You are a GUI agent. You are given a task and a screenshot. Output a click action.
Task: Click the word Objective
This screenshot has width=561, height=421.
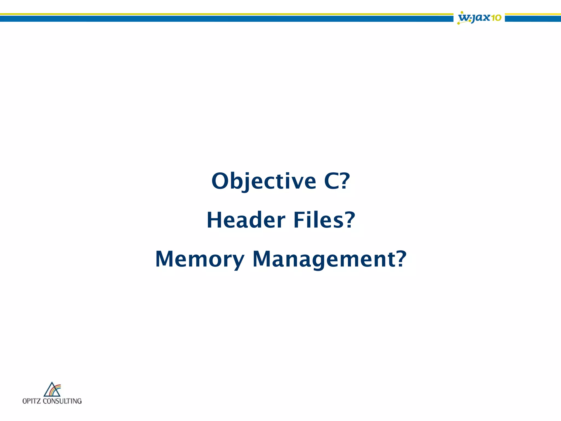(264, 181)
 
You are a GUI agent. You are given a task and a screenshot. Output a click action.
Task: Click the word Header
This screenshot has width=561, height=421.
(246, 220)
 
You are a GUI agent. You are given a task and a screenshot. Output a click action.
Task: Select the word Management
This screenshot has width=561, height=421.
(324, 259)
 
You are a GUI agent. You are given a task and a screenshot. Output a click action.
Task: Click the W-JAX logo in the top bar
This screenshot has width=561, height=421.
(479, 18)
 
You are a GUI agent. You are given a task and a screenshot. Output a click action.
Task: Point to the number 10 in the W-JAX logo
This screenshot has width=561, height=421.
(496, 18)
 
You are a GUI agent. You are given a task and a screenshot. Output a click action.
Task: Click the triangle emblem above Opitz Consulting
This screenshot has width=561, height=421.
(52, 389)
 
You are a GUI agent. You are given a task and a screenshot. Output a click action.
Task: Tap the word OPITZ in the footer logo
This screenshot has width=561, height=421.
(32, 401)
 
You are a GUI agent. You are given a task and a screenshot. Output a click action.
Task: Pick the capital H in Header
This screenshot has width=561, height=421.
(215, 220)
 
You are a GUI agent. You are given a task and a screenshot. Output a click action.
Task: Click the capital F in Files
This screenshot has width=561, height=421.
(299, 220)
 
